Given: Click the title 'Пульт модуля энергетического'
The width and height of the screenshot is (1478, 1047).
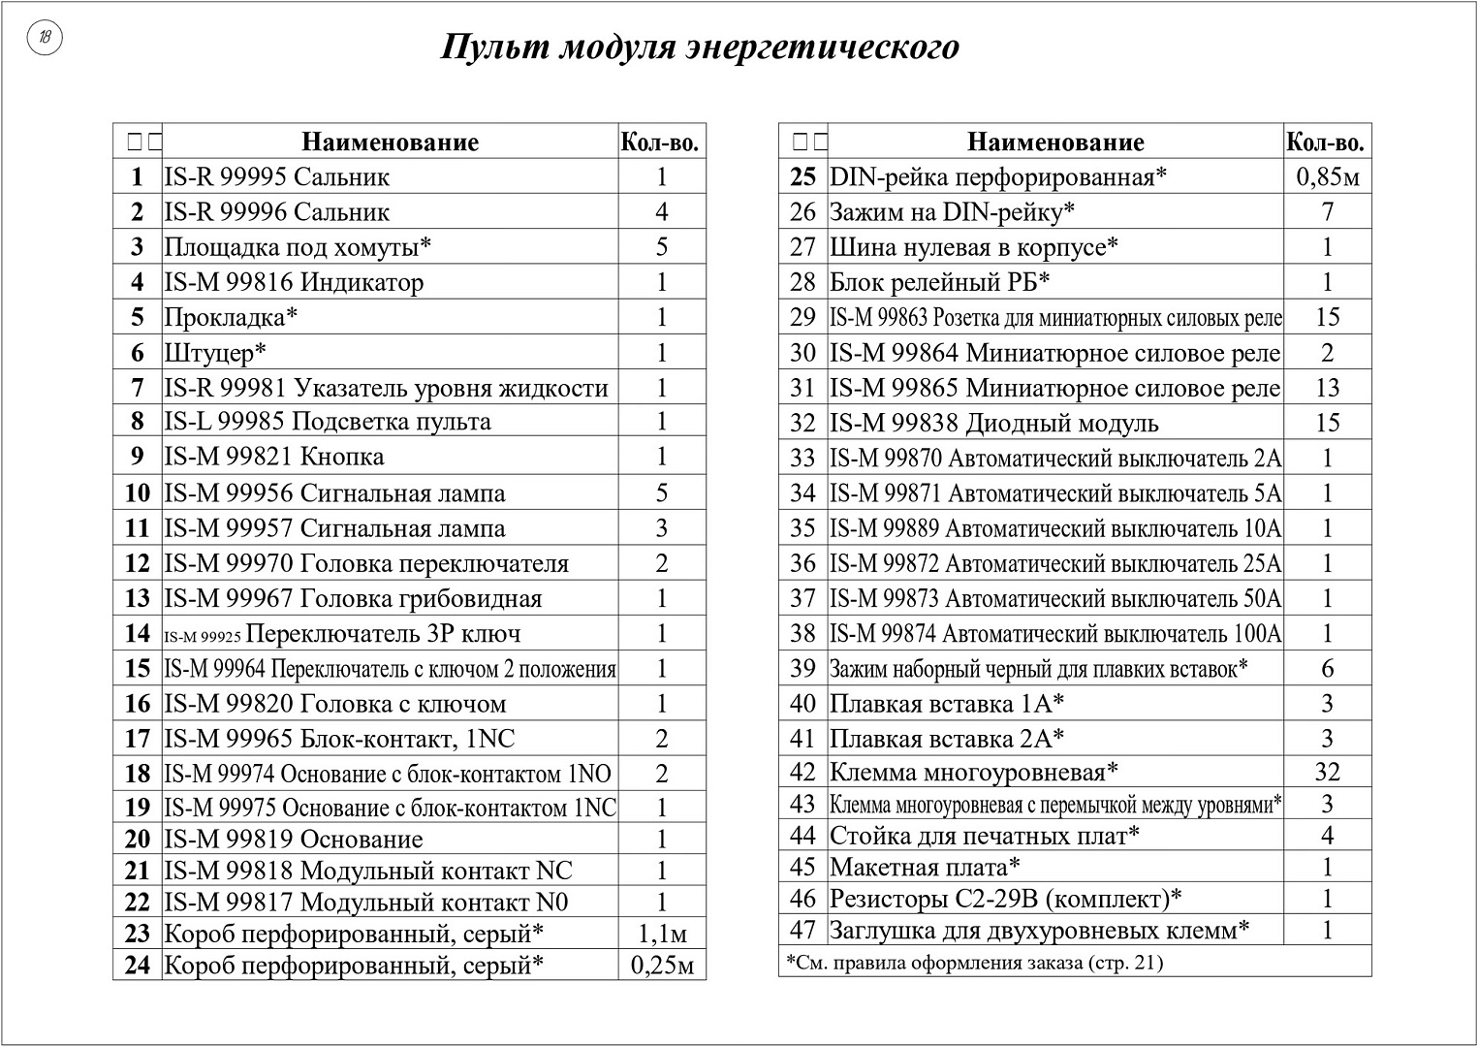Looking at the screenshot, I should click(x=700, y=47).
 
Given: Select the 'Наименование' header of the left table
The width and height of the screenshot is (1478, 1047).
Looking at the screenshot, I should click(x=390, y=142).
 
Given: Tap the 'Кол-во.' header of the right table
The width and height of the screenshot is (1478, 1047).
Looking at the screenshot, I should click(x=1326, y=142).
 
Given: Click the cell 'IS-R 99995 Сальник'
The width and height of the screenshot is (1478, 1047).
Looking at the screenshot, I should click(x=277, y=176).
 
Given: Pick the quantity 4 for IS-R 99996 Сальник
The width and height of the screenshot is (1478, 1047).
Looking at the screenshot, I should click(x=662, y=211).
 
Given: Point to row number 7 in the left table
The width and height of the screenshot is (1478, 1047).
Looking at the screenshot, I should click(x=138, y=388).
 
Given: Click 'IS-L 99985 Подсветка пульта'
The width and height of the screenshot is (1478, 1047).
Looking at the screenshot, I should click(x=328, y=422).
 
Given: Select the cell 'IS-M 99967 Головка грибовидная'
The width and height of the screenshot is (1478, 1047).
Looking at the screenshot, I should click(x=353, y=598).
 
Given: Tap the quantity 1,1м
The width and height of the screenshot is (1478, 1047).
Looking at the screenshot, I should click(x=662, y=934).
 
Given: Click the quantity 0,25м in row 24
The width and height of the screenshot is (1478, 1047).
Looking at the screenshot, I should click(x=662, y=965).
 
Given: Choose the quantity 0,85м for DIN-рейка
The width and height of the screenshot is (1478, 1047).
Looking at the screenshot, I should click(x=1327, y=176).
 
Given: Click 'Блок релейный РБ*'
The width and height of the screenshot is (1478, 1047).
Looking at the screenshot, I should click(x=940, y=282).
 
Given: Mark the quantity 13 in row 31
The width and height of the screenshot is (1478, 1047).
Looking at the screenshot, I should click(x=1327, y=388).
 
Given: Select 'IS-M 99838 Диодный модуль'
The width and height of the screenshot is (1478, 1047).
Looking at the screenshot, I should click(x=993, y=423).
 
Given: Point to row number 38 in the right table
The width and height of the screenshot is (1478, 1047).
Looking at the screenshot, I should click(x=802, y=633).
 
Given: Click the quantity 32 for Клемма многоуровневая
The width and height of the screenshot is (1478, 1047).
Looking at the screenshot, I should click(x=1327, y=772).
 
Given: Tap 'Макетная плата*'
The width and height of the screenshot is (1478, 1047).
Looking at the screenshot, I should click(x=925, y=867).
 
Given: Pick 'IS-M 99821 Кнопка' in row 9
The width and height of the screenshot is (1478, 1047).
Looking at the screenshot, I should click(x=274, y=457).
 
